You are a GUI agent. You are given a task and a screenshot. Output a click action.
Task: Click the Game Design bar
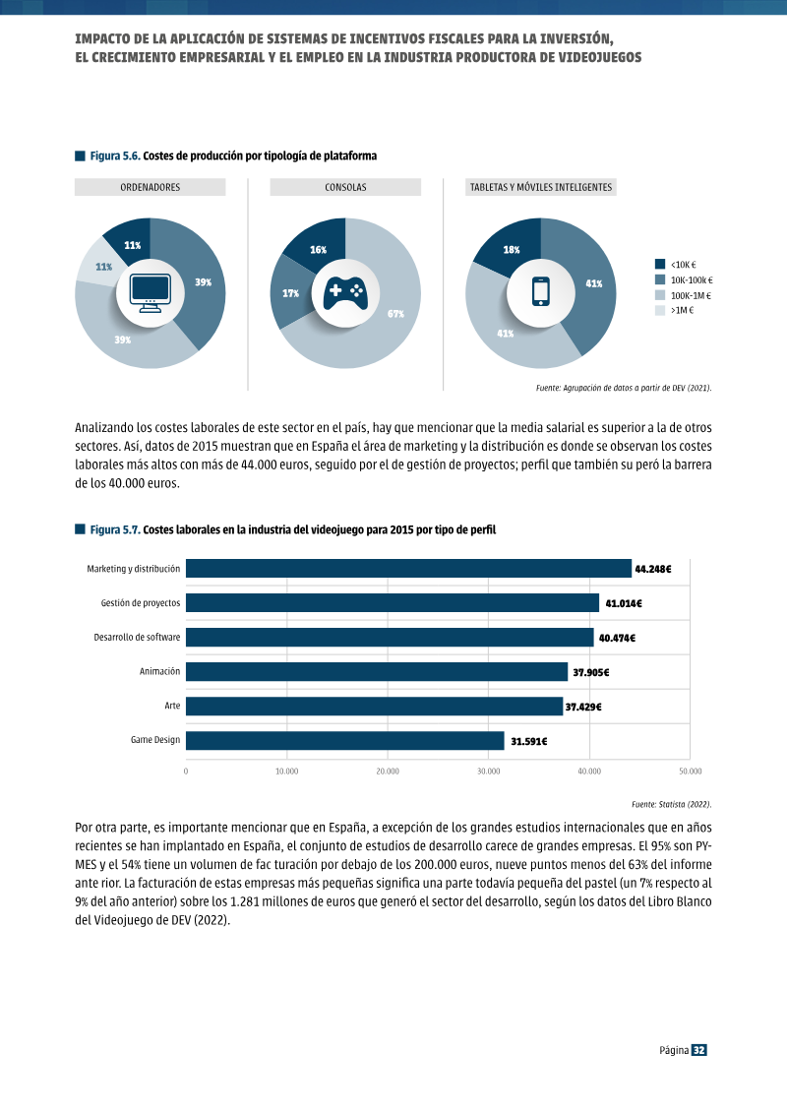click(x=345, y=740)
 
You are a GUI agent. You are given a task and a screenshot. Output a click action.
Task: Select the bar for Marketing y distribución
click(x=409, y=569)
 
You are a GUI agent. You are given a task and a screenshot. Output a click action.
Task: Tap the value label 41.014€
click(x=624, y=603)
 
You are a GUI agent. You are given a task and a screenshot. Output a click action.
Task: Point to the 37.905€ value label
click(x=591, y=672)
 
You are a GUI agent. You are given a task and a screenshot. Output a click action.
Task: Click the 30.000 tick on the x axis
click(x=488, y=771)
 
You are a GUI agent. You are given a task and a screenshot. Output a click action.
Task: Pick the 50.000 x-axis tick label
click(x=690, y=771)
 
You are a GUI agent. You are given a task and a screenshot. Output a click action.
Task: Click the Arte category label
click(x=172, y=706)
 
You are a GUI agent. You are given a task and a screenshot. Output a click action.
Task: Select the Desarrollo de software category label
click(x=137, y=638)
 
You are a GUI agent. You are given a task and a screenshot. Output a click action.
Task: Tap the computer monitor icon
click(x=151, y=293)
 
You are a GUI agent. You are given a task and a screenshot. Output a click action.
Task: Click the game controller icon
click(x=345, y=293)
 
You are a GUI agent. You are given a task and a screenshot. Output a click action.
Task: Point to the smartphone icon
click(x=541, y=291)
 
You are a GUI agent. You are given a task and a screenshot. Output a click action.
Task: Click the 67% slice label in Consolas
click(x=396, y=314)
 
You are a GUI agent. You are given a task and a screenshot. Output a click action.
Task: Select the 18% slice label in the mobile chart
click(x=512, y=250)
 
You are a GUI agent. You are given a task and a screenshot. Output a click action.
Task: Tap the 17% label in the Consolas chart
click(x=291, y=293)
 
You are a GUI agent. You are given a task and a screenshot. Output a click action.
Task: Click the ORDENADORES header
click(x=151, y=187)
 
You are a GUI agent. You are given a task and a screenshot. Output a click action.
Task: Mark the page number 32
click(x=699, y=1050)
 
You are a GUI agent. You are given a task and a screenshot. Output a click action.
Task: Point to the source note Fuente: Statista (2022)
click(x=671, y=804)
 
